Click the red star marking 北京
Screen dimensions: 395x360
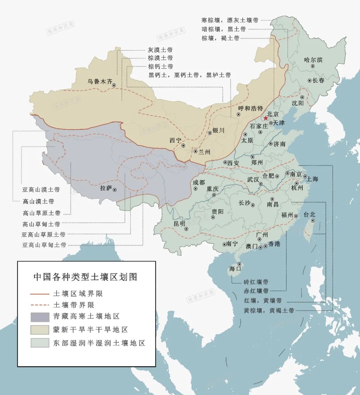click(x=266, y=118)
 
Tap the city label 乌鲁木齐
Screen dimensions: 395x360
click(x=100, y=81)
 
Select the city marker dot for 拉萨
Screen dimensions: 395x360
click(x=115, y=190)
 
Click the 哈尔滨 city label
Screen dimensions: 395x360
click(x=313, y=60)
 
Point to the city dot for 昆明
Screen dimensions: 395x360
click(x=186, y=229)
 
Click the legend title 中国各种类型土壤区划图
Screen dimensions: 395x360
click(x=86, y=277)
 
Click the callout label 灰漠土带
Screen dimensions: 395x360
click(x=160, y=50)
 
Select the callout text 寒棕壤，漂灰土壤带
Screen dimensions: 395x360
click(x=230, y=20)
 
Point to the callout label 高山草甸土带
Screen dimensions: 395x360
click(x=41, y=224)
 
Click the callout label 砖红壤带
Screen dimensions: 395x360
click(x=256, y=282)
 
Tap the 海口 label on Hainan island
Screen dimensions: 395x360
click(x=235, y=269)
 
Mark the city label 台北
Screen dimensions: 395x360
click(x=309, y=215)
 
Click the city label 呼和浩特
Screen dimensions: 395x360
click(x=251, y=108)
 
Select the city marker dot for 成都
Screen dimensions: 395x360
click(x=196, y=189)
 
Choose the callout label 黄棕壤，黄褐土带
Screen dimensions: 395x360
click(x=269, y=311)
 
